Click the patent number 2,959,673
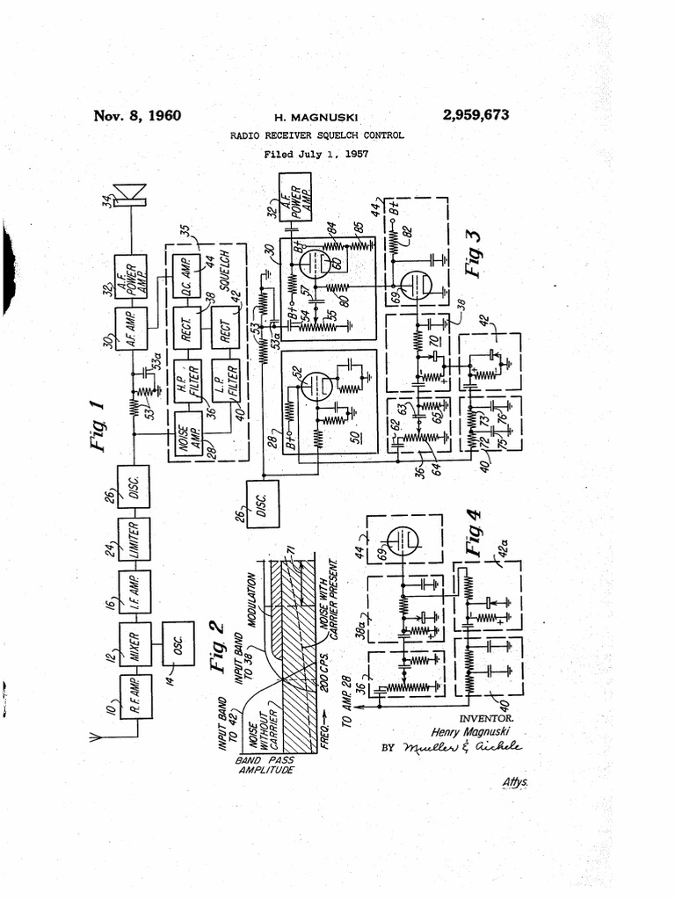coord(470,116)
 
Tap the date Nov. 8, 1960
coord(137,116)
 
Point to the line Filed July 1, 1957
coord(316,154)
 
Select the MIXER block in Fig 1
coord(133,646)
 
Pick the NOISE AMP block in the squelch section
coord(186,432)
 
